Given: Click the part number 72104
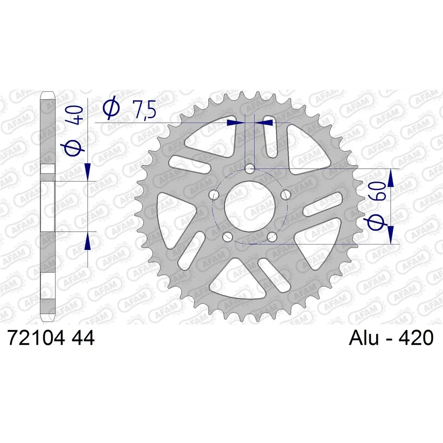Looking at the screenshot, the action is (36, 338).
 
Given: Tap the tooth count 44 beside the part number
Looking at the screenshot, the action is (83, 338).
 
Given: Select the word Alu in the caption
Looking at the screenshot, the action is (364, 338).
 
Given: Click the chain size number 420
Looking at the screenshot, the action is (416, 338).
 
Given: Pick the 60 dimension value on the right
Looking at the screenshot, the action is (379, 191).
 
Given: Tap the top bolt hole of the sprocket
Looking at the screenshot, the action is (249, 170).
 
